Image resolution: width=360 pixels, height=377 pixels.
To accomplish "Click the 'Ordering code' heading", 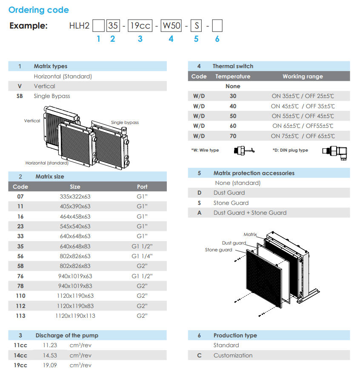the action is pos(39,10).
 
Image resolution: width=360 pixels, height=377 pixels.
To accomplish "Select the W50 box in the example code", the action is pos(171,26).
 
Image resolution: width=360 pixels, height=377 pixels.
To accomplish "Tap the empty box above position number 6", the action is pos(217,26).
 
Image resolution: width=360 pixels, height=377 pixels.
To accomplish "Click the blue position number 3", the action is pos(140,39).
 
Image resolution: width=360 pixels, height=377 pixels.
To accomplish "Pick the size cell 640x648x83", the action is pos(75,246).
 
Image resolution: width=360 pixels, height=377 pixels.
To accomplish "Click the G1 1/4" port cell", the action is pos(142,256).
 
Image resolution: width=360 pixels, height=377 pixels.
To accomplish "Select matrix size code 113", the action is pos(21,316).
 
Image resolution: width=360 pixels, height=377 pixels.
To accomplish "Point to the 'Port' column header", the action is pos(142,187).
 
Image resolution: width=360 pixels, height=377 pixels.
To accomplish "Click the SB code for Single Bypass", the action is pos(20,96).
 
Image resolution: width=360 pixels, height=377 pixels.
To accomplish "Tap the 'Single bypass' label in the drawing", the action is pos(125,122).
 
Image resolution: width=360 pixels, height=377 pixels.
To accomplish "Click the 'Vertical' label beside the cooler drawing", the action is pos(32,121).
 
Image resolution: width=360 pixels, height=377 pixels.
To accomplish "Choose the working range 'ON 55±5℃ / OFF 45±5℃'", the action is pos(303,116).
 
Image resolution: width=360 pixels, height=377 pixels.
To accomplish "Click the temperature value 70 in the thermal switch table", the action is pos(233,136).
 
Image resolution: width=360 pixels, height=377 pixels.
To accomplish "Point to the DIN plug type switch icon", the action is pos(334,153).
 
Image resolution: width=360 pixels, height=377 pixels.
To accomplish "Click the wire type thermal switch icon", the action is pos(244,150).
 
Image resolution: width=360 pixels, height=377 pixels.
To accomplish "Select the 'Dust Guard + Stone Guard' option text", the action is pos(250,213).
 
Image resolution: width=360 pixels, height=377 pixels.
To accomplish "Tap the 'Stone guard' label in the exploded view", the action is pos(219,250).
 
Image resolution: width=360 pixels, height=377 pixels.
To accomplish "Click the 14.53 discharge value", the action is pos(50,355).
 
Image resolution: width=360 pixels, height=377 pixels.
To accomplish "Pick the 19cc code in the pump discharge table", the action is pos(20,365).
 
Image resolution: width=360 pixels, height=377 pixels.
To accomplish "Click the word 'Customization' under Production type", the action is pos(233,355).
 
